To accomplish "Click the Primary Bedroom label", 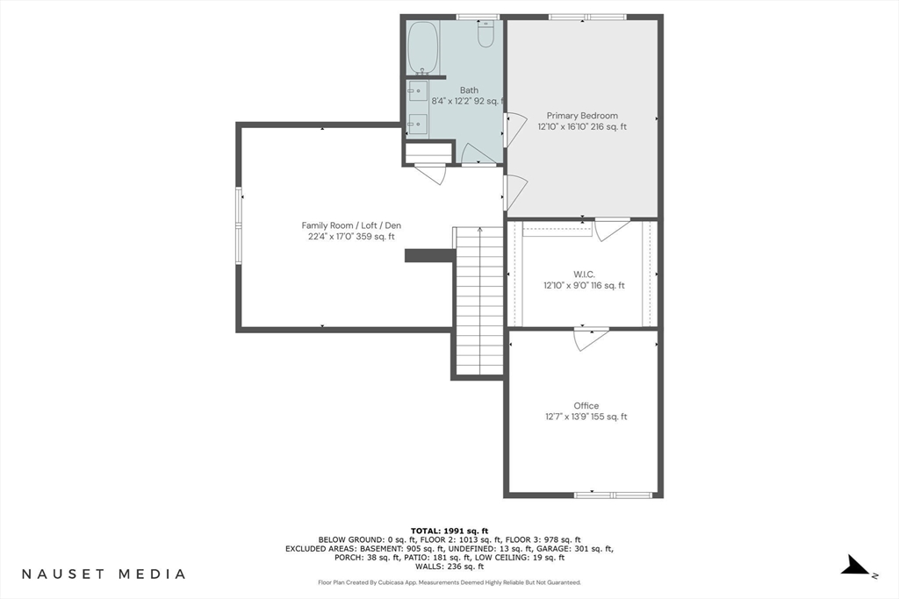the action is point(582,116).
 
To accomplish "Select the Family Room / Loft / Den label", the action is point(351,225).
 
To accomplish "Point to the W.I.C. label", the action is point(584,275).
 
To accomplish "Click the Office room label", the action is point(586,405).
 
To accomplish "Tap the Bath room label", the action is point(469,90).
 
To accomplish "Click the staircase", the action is point(479,301).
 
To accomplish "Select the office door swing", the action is point(591,339).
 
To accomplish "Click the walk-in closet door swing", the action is point(611,229).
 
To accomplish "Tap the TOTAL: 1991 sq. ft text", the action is point(449,531).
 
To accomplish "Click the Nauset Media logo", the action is point(104,574).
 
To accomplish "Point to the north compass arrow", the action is point(855,565).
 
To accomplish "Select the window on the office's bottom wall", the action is point(614,495).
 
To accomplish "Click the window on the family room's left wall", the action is point(239,225).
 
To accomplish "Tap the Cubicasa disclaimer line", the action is point(449,582).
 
